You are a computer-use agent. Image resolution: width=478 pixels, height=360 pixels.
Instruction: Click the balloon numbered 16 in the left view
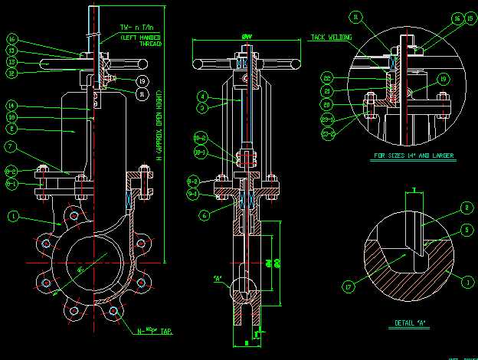tap(11, 39)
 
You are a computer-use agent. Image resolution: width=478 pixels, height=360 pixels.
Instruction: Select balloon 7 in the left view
tap(11, 145)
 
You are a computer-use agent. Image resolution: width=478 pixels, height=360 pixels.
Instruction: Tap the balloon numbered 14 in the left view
tap(11, 105)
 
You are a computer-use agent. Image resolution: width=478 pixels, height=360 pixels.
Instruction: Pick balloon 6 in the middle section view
tap(204, 217)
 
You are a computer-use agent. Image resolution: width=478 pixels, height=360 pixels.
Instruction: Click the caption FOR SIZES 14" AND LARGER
tap(413, 155)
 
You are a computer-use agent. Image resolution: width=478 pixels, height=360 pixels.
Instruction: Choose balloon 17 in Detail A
tap(349, 288)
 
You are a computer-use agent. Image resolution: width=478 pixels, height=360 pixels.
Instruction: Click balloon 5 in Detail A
tap(467, 229)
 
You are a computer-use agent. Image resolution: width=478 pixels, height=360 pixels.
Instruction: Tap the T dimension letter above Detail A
tap(414, 188)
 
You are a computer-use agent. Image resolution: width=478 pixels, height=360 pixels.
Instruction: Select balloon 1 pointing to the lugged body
tap(11, 218)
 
